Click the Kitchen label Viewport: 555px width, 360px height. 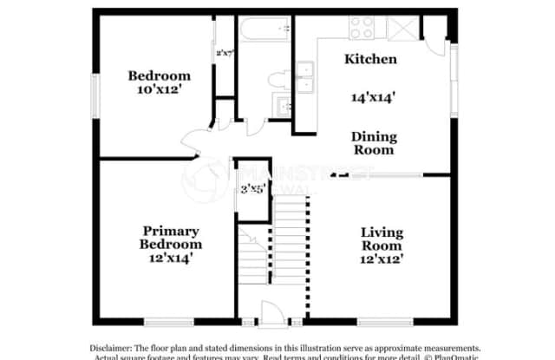(371, 60)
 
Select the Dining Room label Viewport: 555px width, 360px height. (374, 143)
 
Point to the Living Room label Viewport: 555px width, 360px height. (382, 239)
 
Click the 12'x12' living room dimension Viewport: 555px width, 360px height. (382, 259)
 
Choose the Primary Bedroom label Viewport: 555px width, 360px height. (172, 238)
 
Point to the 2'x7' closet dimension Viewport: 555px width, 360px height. (225, 52)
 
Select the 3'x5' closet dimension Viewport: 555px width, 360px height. (252, 188)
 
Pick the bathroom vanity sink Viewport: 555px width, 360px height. (282, 107)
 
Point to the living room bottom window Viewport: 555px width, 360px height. (382, 323)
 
